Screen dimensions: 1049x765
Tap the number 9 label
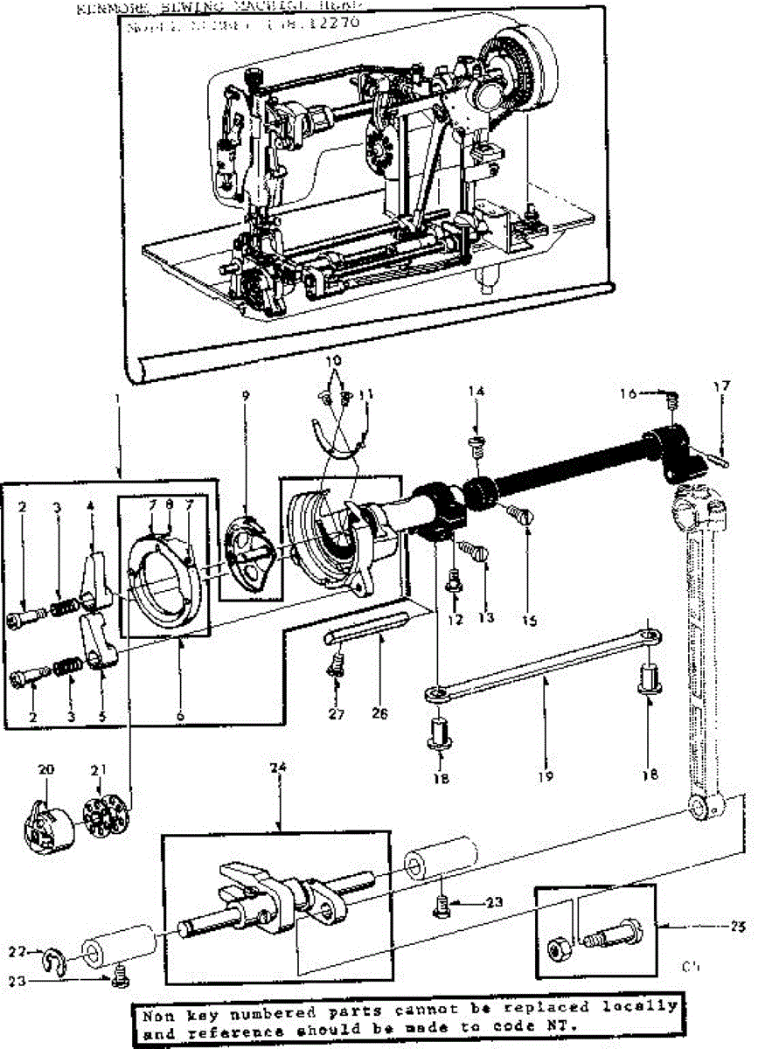tap(246, 395)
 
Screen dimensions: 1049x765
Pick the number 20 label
tap(46, 769)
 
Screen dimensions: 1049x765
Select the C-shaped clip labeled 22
tap(54, 960)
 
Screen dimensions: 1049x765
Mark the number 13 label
tap(487, 617)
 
